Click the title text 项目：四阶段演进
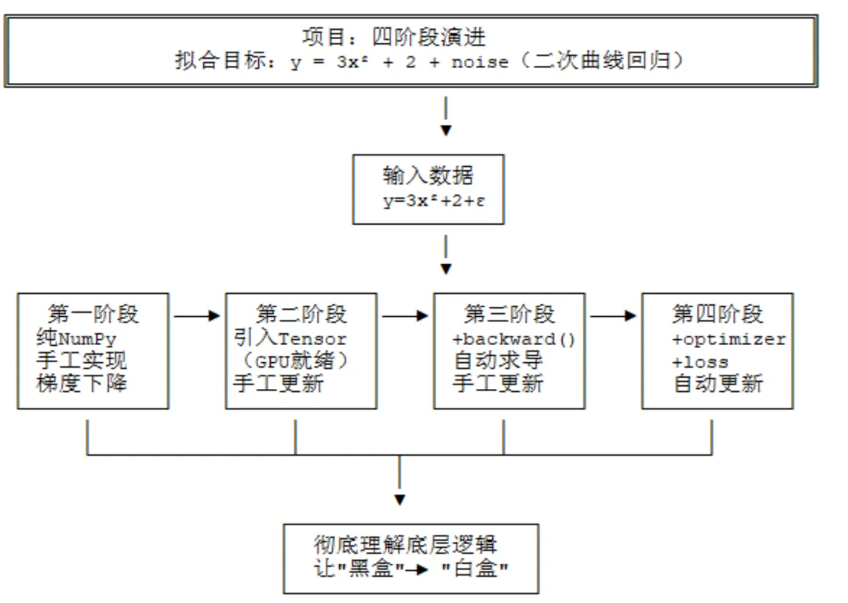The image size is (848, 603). [x=393, y=38]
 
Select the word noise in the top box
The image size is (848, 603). [x=480, y=62]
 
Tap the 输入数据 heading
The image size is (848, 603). [x=428, y=176]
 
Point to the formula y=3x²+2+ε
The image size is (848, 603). [x=433, y=201]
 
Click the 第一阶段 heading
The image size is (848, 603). [x=93, y=314]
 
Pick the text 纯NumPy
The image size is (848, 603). [x=76, y=339]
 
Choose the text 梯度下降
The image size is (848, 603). [x=82, y=383]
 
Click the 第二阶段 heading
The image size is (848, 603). [x=302, y=314]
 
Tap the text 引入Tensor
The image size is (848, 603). [x=290, y=339]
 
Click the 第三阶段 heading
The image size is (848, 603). [x=510, y=314]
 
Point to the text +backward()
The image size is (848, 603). [x=514, y=340]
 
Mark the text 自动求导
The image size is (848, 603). [x=498, y=361]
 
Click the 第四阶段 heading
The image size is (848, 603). [x=718, y=314]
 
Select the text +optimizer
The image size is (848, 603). [x=729, y=340]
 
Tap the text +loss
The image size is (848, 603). [x=700, y=362]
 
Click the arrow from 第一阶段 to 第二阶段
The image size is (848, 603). [x=197, y=315]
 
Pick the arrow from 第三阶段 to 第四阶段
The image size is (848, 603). [x=613, y=315]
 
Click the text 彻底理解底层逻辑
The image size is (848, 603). [x=406, y=545]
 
